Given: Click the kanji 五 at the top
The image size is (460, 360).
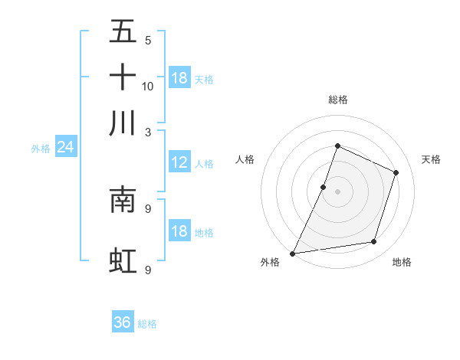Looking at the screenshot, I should click(x=123, y=31).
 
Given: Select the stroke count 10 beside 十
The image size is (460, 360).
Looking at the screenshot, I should click(x=148, y=86).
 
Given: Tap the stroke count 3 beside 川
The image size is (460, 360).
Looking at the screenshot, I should click(x=147, y=132).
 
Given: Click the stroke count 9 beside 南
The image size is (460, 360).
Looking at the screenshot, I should click(x=147, y=208).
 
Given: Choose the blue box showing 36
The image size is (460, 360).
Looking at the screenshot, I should click(x=123, y=322).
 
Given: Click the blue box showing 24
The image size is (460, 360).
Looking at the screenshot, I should click(x=65, y=147).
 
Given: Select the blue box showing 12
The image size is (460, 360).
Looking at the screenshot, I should click(x=179, y=162).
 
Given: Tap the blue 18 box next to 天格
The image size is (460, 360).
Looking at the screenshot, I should click(x=179, y=78).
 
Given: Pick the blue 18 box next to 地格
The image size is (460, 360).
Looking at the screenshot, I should click(x=179, y=231).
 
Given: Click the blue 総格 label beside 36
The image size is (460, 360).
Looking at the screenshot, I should click(x=147, y=324).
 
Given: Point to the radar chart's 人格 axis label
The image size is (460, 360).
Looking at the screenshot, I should click(x=245, y=159).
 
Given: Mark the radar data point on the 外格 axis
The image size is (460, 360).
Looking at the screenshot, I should click(x=293, y=254).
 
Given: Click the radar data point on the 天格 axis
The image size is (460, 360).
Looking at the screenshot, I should click(x=396, y=173).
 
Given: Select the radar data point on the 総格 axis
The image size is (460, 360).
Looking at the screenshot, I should click(x=337, y=146).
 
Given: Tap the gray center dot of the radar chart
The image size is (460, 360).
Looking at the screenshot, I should click(x=337, y=191).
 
